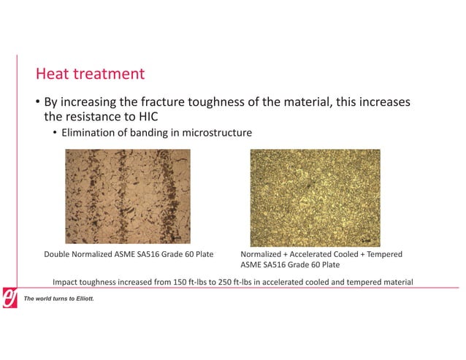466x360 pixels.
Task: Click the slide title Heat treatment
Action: click(x=91, y=74)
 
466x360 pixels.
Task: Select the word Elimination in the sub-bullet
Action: click(x=91, y=133)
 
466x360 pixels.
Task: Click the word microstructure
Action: click(x=221, y=133)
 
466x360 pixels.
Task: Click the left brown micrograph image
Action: click(x=128, y=196)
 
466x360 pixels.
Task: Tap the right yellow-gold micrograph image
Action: click(x=316, y=196)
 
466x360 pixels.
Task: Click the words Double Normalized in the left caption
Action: click(x=75, y=254)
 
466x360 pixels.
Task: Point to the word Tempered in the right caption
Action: click(x=382, y=254)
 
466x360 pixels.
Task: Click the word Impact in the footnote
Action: click(x=66, y=282)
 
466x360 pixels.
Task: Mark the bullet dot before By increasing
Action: click(x=38, y=102)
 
